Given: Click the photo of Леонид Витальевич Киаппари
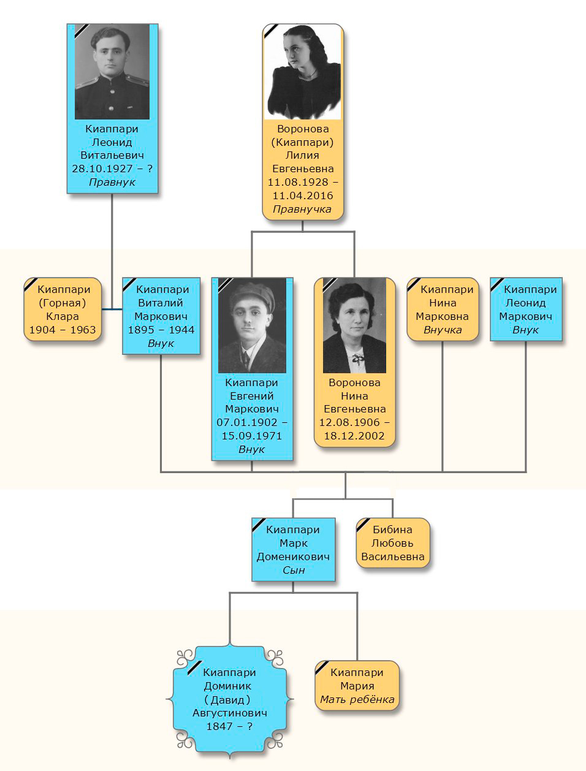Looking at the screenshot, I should pyautogui.click(x=112, y=72).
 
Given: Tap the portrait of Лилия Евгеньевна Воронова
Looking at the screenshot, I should pyautogui.click(x=302, y=72).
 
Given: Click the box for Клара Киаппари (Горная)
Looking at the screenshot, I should pyautogui.click(x=63, y=310).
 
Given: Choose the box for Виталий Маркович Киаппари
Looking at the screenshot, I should pyautogui.click(x=161, y=316).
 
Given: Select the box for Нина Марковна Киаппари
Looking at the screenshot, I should pyautogui.click(x=443, y=310).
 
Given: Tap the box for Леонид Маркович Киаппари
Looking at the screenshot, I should pyautogui.click(x=526, y=310).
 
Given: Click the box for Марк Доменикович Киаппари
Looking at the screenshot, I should pyautogui.click(x=293, y=550).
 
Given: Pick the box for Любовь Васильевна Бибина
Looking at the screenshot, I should pyautogui.click(x=392, y=543).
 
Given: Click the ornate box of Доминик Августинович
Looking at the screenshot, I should pyautogui.click(x=230, y=699).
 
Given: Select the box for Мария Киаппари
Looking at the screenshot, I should pyautogui.click(x=357, y=686).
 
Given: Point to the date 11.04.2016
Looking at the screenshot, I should pyautogui.click(x=303, y=196).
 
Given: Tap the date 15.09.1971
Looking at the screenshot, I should pyautogui.click(x=252, y=436).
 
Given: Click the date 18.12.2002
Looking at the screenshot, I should pyautogui.click(x=354, y=436).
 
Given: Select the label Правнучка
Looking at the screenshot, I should pyautogui.click(x=302, y=209).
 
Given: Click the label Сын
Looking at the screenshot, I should pyautogui.click(x=294, y=570).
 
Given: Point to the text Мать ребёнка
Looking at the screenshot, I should pyautogui.click(x=357, y=699).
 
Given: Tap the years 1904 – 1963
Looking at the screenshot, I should pyautogui.click(x=63, y=330).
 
